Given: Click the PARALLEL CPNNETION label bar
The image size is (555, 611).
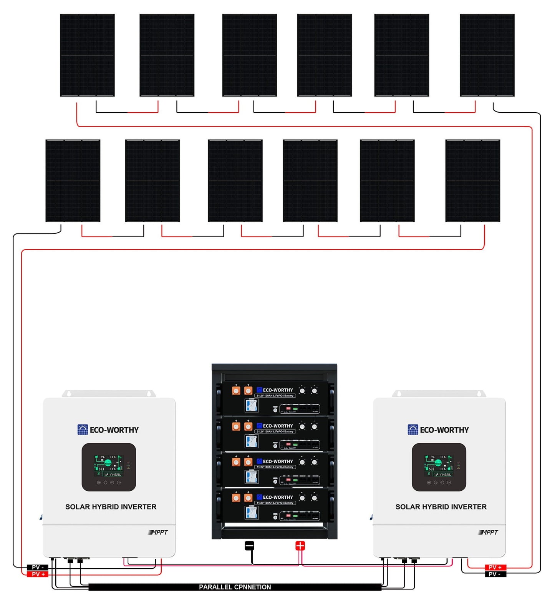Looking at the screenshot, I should [235, 587].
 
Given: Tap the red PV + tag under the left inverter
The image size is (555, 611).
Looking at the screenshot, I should [38, 574].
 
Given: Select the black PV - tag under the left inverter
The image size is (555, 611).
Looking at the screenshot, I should [38, 567].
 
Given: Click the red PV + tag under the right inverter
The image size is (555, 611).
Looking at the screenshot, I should [495, 567].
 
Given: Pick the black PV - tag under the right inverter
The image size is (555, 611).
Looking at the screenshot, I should [495, 574].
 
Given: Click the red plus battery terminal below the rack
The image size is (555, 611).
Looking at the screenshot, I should [300, 545].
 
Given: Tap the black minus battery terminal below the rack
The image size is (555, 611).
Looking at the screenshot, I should [249, 545].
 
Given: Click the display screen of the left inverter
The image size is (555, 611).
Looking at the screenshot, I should [109, 466].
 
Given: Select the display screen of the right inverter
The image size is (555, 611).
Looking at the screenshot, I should [439, 466].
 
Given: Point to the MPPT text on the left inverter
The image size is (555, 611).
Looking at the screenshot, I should [158, 532].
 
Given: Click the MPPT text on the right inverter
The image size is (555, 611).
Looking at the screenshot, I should [489, 532].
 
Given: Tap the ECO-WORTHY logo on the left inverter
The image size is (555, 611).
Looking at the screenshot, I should [108, 430].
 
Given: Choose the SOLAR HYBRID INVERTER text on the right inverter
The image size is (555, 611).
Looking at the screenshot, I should [441, 507].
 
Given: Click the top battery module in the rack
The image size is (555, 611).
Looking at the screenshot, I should [275, 398].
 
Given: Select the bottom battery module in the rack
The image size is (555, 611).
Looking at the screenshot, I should [275, 506].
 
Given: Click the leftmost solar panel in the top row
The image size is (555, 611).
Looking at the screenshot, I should [87, 55].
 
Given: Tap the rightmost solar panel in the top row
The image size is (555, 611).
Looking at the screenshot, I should [487, 55].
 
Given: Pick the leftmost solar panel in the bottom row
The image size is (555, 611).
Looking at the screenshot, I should [73, 180].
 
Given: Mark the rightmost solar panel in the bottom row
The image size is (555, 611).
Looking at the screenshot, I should [472, 180].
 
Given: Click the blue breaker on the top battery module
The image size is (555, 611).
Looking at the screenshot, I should [252, 405].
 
